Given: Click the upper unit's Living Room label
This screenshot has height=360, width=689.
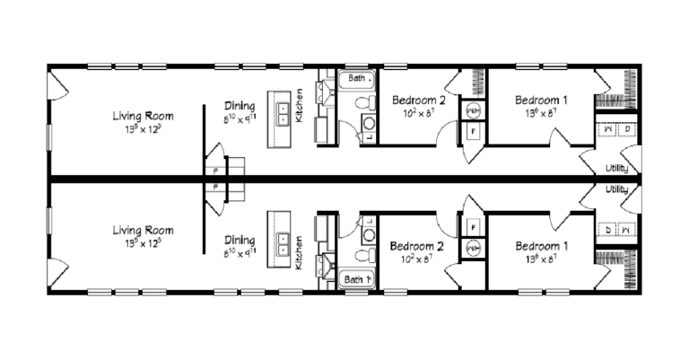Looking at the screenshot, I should [x=143, y=116].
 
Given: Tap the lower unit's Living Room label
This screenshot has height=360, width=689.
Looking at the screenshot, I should [x=143, y=230].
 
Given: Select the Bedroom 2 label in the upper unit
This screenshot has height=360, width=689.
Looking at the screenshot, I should [x=418, y=99].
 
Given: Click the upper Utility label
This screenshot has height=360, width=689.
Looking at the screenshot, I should [x=616, y=169].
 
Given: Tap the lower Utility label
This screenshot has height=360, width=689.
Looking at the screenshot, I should [x=616, y=189].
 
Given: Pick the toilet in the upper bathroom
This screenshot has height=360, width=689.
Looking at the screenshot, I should [x=369, y=124].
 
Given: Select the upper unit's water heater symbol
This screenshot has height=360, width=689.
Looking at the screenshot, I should [x=473, y=110].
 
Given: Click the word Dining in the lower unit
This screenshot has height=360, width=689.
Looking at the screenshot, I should [x=240, y=240].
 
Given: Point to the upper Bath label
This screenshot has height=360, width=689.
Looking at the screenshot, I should [x=357, y=79].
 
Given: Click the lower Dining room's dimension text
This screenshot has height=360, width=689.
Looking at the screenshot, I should [x=240, y=254].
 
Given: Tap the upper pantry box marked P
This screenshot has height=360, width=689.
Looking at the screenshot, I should [x=215, y=170].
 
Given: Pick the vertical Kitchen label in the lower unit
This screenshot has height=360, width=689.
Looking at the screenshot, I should [x=300, y=244].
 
